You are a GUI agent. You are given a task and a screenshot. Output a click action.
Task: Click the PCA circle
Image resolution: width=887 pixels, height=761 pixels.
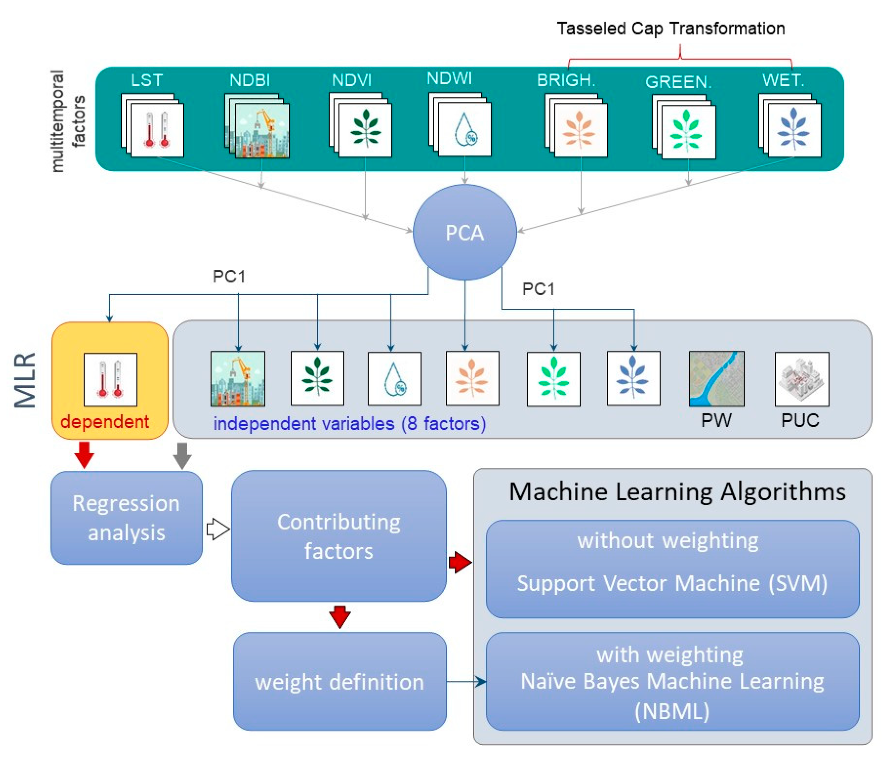[x=464, y=232]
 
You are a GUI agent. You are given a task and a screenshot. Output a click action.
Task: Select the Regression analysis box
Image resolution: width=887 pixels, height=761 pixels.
[x=126, y=517]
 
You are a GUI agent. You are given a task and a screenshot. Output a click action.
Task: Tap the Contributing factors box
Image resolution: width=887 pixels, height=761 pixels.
[x=339, y=535]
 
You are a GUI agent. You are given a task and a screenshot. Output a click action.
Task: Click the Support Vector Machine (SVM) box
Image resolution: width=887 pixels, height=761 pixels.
[x=672, y=569]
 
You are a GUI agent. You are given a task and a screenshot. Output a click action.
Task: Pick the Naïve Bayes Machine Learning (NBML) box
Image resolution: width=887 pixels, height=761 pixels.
[x=672, y=682]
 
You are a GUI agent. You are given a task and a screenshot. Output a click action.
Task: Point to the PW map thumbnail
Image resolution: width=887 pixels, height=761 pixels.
[x=716, y=378]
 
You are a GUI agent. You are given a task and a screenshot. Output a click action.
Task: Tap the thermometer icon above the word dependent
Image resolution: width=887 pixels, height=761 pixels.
[x=110, y=379]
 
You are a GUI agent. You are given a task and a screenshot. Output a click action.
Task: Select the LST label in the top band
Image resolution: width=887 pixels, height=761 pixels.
[x=146, y=80]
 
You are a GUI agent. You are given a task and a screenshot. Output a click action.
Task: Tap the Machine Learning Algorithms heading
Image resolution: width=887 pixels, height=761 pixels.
[x=677, y=492]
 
